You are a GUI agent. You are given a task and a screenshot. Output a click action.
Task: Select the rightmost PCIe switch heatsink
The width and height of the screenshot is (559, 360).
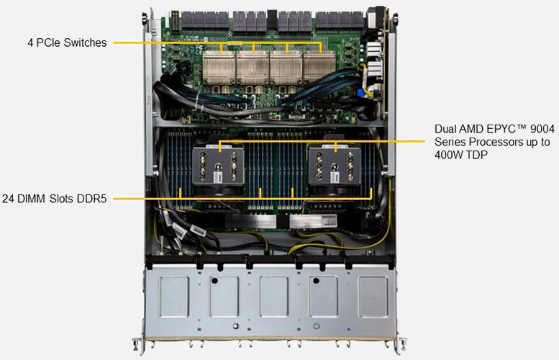(x=319, y=68)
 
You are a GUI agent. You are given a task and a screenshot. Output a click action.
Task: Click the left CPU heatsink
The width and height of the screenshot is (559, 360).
(x=218, y=165)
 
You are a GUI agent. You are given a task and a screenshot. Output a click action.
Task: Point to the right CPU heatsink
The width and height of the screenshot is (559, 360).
(x=335, y=165)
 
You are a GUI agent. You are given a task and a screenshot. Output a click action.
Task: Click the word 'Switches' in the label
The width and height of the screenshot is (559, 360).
(x=85, y=42)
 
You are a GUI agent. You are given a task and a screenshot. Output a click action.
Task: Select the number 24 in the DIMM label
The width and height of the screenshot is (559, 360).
(x=8, y=199)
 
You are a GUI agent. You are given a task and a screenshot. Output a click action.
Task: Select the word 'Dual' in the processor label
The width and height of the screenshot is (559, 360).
(x=444, y=129)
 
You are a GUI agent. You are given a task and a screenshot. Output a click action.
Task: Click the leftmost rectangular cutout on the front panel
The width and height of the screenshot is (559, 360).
(x=174, y=297)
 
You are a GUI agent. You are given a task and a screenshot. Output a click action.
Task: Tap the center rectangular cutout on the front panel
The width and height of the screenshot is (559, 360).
(x=274, y=297)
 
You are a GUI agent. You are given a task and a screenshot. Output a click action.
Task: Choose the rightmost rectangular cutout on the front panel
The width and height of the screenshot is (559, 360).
(x=373, y=297)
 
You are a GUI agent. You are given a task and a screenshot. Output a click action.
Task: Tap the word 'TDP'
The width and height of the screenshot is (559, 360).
(x=476, y=155)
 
